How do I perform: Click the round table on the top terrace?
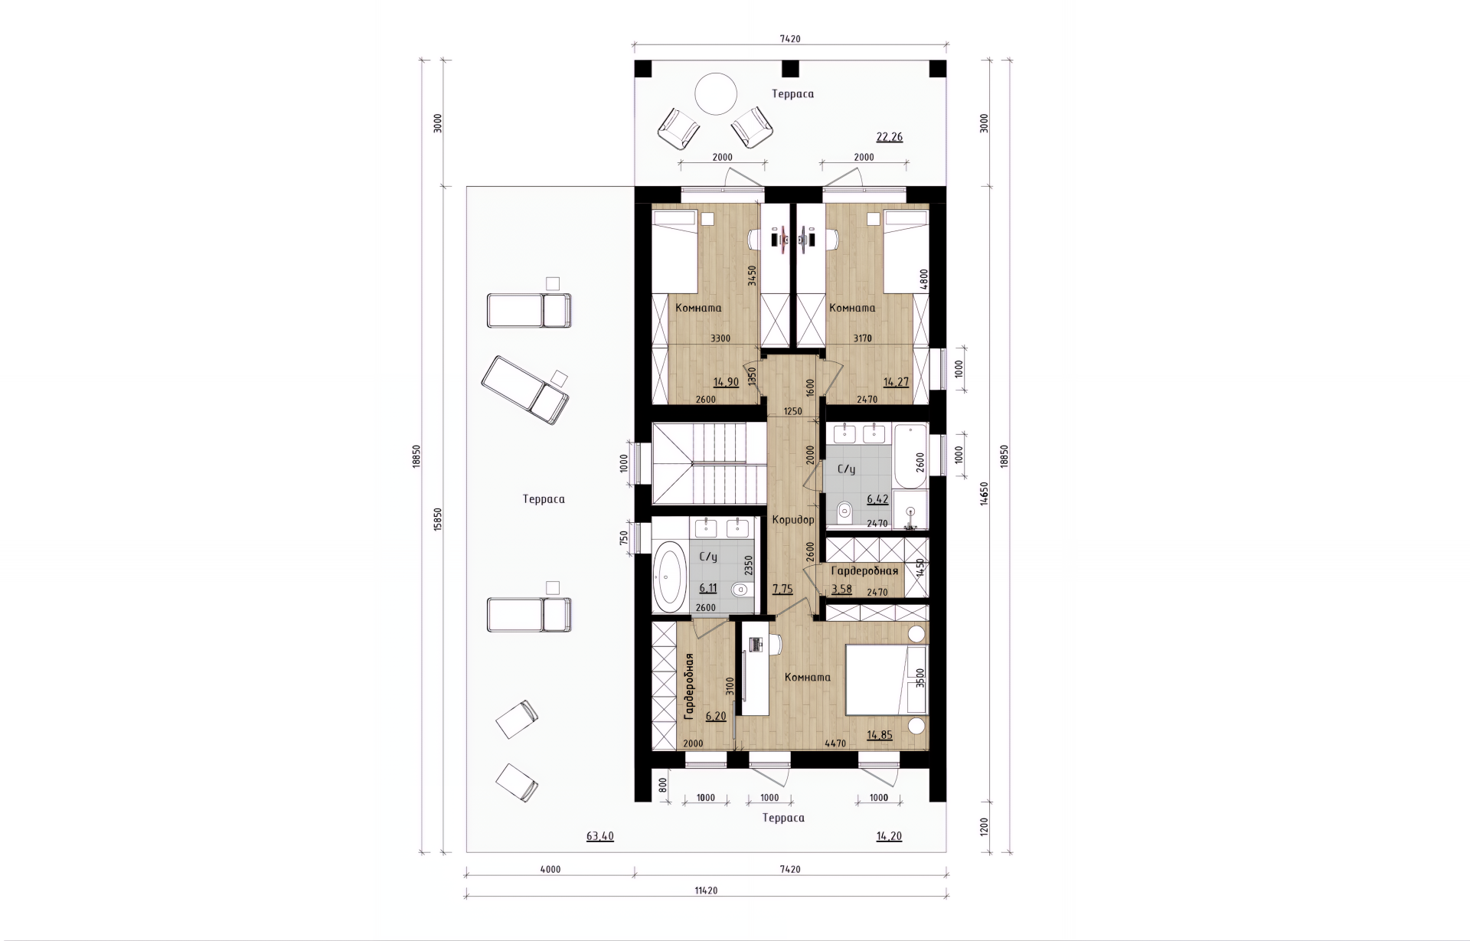pos(716,93)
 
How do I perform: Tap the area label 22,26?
pos(889,138)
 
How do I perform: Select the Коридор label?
pos(793,520)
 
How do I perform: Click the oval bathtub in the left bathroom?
pos(672,576)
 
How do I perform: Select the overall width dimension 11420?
pos(705,890)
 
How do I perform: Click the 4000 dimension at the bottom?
pos(550,869)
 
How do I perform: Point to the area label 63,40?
pos(600,837)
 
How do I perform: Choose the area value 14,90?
pos(726,382)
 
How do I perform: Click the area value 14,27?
pos(896,382)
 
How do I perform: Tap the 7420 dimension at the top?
pos(790,39)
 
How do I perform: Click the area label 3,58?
pos(841,590)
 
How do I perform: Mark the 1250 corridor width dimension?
pos(793,412)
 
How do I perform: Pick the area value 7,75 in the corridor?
pos(782,590)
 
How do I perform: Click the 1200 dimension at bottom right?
pos(985,827)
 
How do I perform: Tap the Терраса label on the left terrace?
pos(544,499)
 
